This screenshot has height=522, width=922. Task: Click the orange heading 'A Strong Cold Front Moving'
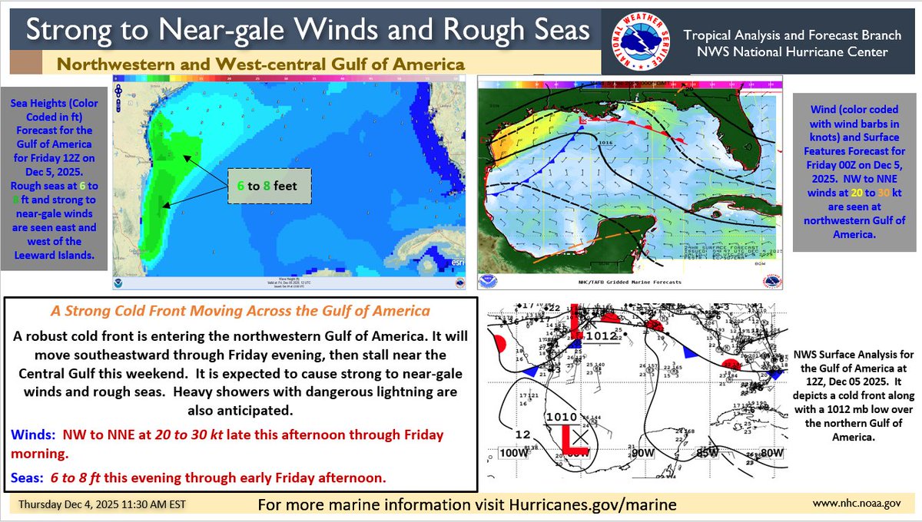pyautogui.click(x=240, y=312)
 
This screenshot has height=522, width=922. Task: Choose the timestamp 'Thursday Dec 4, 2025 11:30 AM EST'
pyautogui.click(x=101, y=504)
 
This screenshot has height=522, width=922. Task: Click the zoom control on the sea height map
pyautogui.click(x=118, y=96)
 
